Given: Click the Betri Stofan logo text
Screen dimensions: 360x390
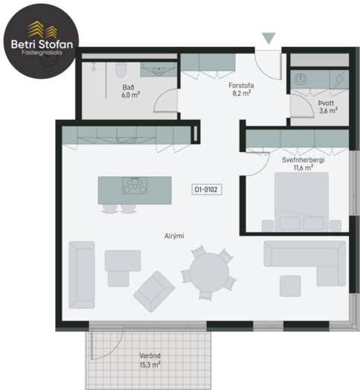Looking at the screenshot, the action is [42, 44].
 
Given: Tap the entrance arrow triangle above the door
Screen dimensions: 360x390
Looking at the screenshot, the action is [269, 38].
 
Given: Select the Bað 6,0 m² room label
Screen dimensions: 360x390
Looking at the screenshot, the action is [130, 91].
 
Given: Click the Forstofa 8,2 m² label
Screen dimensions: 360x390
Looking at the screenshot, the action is [241, 89].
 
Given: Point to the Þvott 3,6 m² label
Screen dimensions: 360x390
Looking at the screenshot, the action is [328, 106].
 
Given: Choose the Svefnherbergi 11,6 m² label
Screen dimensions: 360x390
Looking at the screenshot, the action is [303, 164].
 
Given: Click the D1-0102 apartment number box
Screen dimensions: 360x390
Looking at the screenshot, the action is [207, 190].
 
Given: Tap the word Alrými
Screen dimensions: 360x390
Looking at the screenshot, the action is [174, 236].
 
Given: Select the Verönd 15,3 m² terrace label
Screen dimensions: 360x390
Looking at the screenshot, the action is [150, 360].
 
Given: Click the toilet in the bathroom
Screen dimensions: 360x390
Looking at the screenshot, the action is [121, 70].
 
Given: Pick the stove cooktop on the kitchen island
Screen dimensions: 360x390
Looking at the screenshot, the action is [135, 185].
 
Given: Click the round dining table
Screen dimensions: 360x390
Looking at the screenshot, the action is [209, 272].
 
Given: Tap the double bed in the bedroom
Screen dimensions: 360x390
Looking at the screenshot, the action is [301, 202].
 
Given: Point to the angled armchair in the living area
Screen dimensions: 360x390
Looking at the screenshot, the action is [154, 292].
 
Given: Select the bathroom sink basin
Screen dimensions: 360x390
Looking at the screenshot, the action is [158, 71].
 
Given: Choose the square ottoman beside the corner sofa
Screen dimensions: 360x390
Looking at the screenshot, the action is [290, 286].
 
